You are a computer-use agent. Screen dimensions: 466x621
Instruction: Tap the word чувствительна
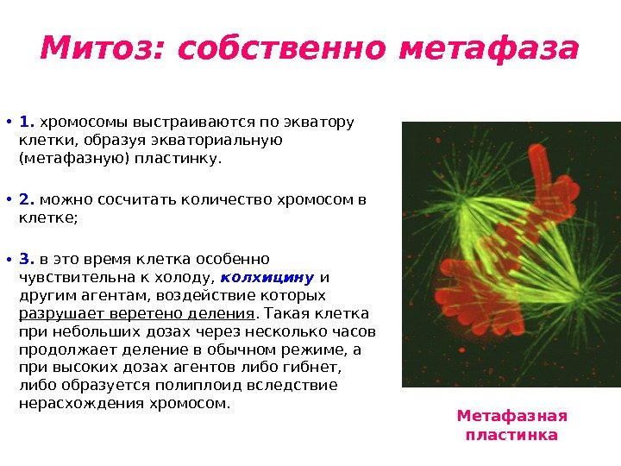pos(69,278)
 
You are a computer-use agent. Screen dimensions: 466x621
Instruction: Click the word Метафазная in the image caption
pos(511,417)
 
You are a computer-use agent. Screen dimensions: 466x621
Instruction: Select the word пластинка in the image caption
pos(511,435)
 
